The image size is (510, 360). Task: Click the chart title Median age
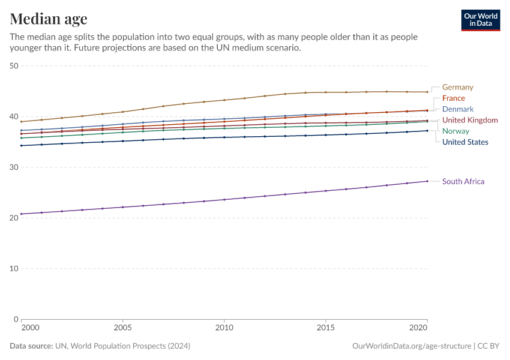point(49,19)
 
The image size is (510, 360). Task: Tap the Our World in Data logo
point(480,20)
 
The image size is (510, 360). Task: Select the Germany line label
point(457,87)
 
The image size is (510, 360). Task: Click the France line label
point(453,98)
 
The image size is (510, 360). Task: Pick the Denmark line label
point(457,109)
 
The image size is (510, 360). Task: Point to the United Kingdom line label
point(469,120)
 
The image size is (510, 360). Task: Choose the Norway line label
point(455,131)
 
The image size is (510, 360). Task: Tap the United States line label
point(465,142)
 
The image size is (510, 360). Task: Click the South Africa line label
point(463,181)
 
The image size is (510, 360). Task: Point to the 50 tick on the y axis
point(14,66)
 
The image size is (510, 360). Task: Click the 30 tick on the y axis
point(14,167)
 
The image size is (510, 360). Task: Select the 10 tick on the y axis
point(14,269)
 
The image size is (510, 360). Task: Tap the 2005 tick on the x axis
point(122,329)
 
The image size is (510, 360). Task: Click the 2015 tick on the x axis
point(326,329)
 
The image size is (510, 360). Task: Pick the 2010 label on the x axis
point(224,329)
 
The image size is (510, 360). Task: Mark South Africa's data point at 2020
point(427,181)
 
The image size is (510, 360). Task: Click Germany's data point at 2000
point(21,122)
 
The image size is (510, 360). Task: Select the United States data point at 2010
point(224,137)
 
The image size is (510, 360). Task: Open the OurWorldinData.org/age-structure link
point(411,346)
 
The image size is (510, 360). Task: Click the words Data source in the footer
point(31,346)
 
